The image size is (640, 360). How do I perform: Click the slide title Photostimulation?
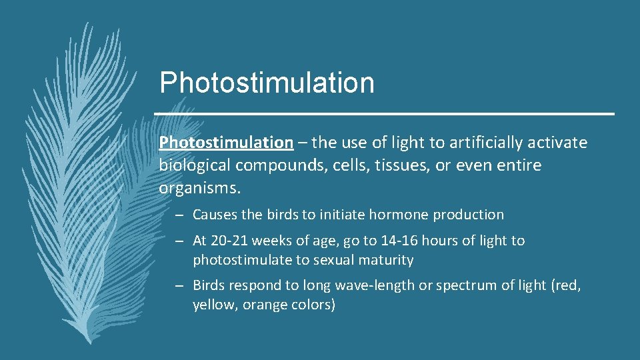pyautogui.click(x=267, y=83)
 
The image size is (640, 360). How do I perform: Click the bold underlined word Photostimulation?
pyautogui.click(x=226, y=143)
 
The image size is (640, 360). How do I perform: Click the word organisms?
pyautogui.click(x=199, y=189)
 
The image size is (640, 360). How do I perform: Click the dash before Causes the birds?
pyautogui.click(x=181, y=215)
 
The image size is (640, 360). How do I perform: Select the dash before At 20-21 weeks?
pyautogui.click(x=181, y=241)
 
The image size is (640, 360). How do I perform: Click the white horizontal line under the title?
pyautogui.click(x=384, y=114)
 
